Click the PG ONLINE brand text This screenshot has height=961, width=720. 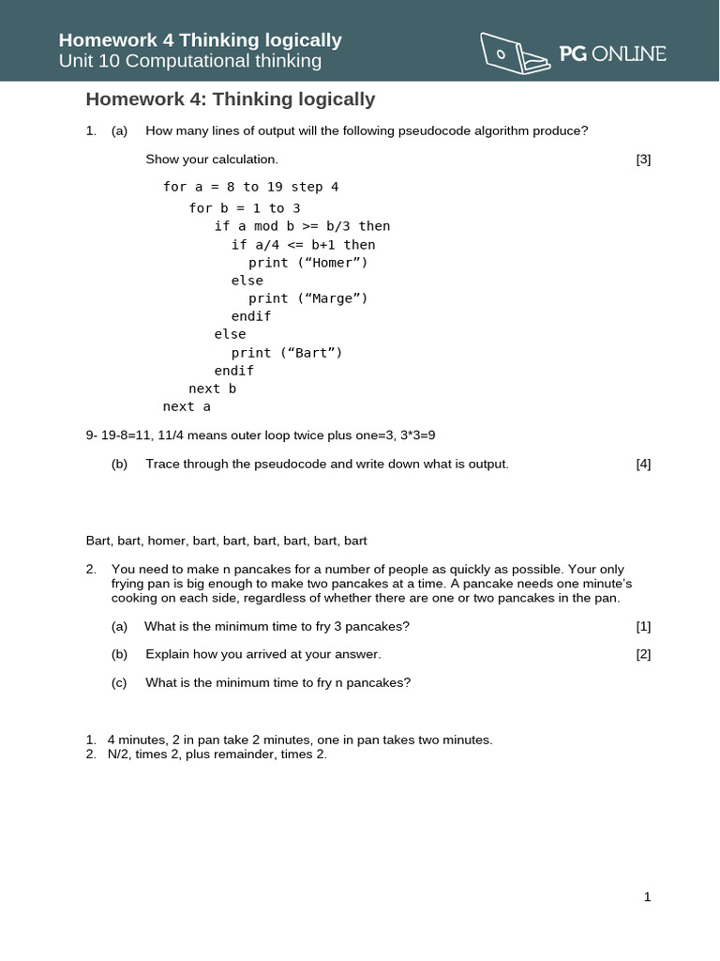tap(612, 53)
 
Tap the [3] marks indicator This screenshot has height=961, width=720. tap(643, 160)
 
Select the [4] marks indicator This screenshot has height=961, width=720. tap(643, 464)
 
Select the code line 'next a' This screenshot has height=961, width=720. tap(187, 406)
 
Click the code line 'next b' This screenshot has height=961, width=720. tap(212, 389)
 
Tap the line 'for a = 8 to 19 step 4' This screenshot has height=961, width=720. tap(250, 187)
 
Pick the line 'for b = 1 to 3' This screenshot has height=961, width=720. tap(245, 208)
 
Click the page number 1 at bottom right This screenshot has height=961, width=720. tap(647, 897)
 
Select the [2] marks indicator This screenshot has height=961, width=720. tap(643, 654)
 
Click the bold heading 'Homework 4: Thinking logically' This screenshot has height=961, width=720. tap(231, 99)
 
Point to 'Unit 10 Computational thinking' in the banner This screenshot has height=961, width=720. tap(190, 61)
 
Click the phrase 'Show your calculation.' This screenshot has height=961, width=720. tap(212, 160)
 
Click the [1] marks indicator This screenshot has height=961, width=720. tap(643, 626)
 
